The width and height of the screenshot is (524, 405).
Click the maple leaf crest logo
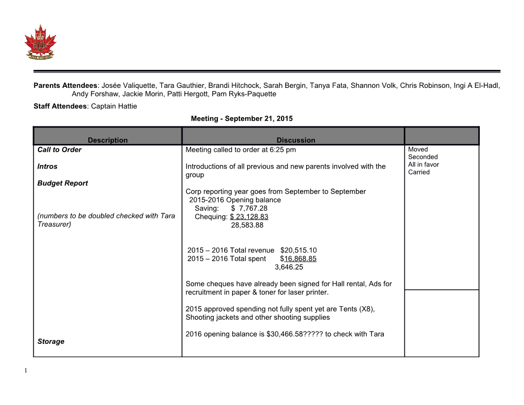click(40, 42)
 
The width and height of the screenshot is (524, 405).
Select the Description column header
click(107, 140)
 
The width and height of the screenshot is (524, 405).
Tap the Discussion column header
click(295, 140)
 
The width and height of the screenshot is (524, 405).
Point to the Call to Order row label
click(59, 150)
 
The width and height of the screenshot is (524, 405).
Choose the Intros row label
click(47, 166)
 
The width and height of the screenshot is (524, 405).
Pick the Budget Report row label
click(62, 183)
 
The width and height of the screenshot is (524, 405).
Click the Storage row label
click(51, 341)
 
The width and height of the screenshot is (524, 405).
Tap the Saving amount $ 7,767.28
click(249, 208)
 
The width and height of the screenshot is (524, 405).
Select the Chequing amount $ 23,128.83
click(249, 216)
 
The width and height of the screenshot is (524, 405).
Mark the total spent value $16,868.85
click(298, 259)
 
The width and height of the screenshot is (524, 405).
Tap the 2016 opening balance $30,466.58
click(284, 334)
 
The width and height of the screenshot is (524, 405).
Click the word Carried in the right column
click(419, 172)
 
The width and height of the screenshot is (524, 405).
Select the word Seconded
click(423, 157)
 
